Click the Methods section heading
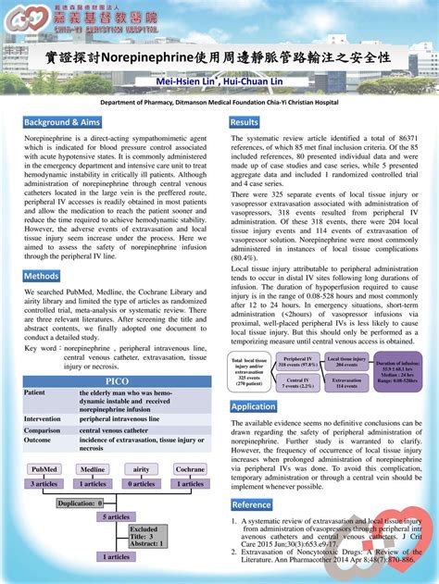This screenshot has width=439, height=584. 43,276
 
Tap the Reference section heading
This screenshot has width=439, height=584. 252,505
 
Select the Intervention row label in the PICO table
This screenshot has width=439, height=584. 44,418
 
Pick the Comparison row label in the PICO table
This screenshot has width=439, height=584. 43,430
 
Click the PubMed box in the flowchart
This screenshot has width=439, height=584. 44,469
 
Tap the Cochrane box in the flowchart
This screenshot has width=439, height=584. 191,469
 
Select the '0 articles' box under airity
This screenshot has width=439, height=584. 142,483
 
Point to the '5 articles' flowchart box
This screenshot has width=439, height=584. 117,516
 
